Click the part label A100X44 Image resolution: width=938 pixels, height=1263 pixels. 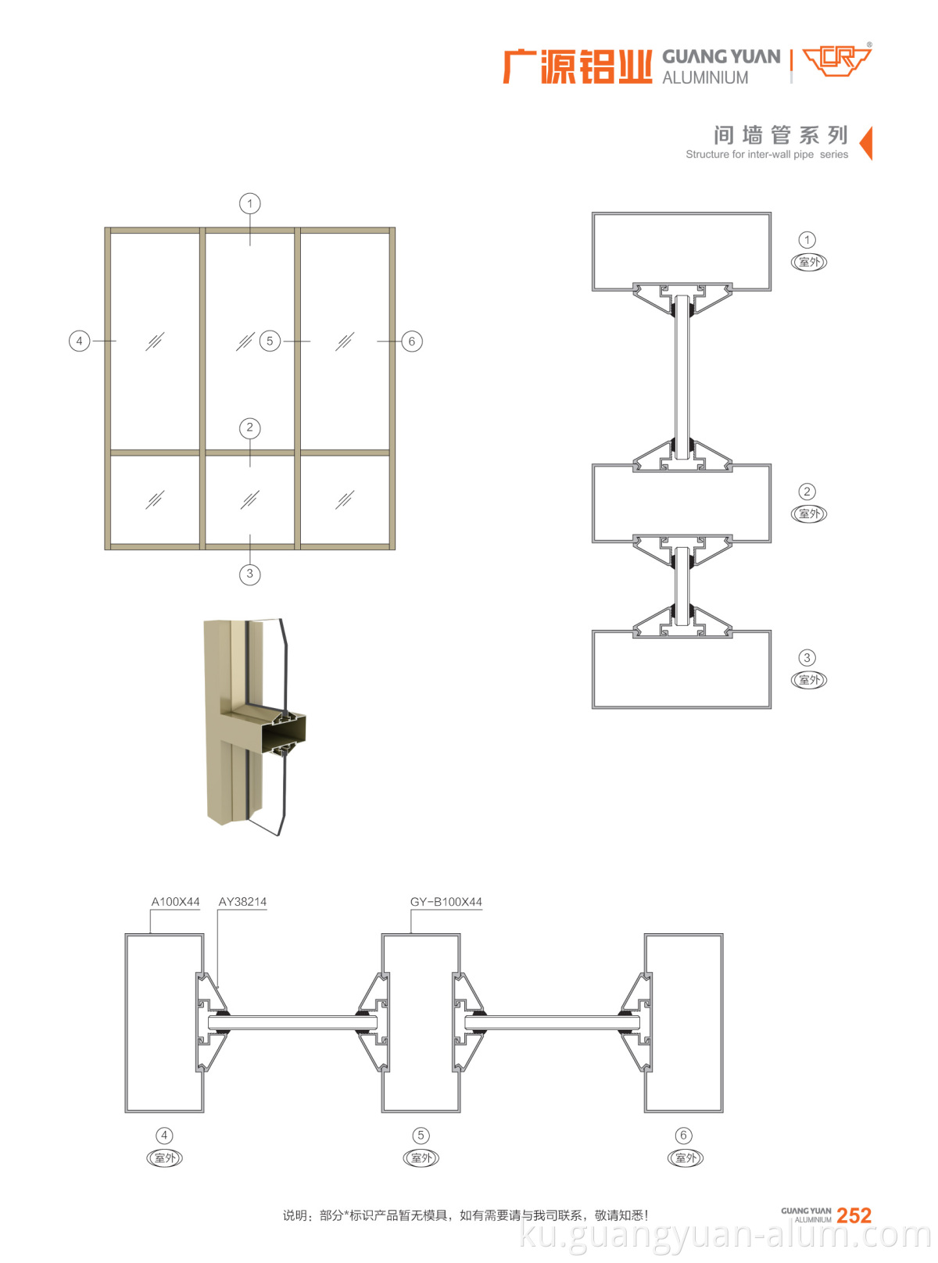[x=175, y=902]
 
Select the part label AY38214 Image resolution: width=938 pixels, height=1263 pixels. [x=242, y=902]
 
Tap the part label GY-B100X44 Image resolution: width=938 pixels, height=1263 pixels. [x=446, y=902]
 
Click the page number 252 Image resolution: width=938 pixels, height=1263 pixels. [x=854, y=1215]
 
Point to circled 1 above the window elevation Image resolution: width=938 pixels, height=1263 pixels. [x=250, y=204]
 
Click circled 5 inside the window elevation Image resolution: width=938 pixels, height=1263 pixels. [x=270, y=342]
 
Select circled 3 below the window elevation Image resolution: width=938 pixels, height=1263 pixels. [x=250, y=574]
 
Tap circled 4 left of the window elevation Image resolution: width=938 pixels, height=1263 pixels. [x=79, y=342]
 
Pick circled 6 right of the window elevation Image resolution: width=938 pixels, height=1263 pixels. [x=412, y=342]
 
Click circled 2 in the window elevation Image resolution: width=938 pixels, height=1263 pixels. [x=250, y=428]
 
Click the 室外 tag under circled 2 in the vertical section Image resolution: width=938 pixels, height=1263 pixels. [x=809, y=514]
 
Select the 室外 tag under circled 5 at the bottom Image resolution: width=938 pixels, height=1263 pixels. [x=421, y=1158]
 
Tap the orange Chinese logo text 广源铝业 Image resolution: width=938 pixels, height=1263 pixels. [x=577, y=66]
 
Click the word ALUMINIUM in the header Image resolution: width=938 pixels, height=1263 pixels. [x=705, y=78]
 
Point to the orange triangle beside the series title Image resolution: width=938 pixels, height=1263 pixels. [x=866, y=143]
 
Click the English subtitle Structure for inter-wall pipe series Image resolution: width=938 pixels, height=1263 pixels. [x=766, y=155]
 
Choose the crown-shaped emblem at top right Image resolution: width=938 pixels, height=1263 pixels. [x=837, y=60]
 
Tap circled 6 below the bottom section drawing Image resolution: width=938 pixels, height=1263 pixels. [x=684, y=1136]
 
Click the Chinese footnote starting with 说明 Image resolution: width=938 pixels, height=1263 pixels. [x=465, y=1215]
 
